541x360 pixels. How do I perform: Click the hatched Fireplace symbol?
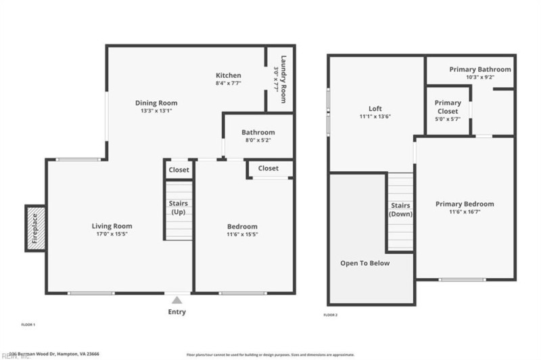coord(35,228)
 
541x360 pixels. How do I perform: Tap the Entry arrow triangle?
coord(177,300)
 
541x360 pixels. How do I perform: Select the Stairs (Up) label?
coord(179,208)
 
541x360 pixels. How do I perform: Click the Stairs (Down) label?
coord(400,209)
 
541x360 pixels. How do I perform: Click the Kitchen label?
coord(228,75)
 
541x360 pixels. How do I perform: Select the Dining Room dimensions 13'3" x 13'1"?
coord(156,111)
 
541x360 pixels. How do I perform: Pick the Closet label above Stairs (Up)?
coord(179,170)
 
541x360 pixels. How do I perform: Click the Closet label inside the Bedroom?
coord(268,168)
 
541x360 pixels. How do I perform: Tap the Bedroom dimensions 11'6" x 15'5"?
coord(241,235)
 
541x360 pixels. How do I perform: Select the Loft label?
coord(375,108)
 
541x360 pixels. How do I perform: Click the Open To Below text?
coord(364,263)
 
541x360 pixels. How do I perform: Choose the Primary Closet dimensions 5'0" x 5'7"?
coord(448,119)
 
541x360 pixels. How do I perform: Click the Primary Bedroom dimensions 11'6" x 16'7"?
coord(464,212)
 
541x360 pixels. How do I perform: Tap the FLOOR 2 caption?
coord(331,315)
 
